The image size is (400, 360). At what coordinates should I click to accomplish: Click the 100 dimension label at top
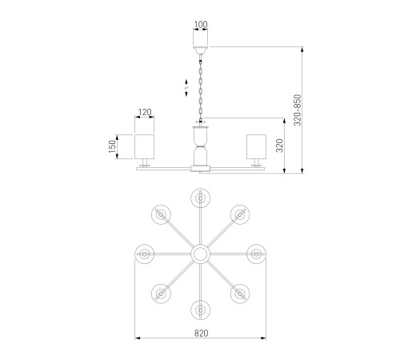pos(201,25)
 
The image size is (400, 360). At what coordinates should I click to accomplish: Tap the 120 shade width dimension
pos(145,112)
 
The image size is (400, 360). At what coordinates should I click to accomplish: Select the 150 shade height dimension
pos(113,146)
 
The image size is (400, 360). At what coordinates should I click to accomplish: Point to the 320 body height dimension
pos(279,146)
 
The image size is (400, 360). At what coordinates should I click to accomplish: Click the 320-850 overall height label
pos(297,110)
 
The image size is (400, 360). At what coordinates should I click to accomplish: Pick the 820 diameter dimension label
pos(201,334)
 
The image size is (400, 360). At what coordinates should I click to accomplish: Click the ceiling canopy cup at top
pos(201,50)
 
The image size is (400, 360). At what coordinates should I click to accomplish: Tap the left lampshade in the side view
pos(144,146)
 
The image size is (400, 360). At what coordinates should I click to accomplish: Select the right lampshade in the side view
pos(256,146)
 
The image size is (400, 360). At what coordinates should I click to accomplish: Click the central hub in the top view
pos(200,254)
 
